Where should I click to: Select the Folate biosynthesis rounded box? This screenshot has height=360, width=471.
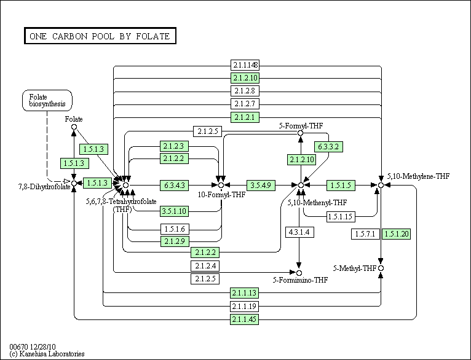(x=47, y=100)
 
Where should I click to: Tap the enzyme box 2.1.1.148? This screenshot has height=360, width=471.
(x=245, y=65)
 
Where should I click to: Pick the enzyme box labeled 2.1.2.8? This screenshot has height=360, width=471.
(x=245, y=91)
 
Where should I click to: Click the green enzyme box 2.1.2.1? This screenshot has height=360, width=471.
(x=245, y=117)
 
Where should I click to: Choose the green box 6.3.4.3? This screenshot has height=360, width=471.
(x=175, y=184)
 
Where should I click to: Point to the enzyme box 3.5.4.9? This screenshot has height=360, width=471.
(x=261, y=184)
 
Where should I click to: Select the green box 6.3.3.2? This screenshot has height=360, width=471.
(x=329, y=147)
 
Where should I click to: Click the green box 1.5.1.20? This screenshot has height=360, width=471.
(x=396, y=234)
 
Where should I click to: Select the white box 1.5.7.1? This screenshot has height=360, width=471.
(x=366, y=234)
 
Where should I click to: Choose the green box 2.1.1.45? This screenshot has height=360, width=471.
(x=245, y=319)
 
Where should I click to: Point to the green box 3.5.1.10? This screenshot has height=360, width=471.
(x=175, y=211)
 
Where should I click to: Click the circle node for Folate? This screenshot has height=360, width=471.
(x=74, y=127)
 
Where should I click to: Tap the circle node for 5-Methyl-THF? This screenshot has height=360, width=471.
(x=381, y=268)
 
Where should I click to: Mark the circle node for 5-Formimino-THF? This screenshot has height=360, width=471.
(x=299, y=273)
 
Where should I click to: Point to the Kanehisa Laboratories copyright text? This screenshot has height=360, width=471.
(x=47, y=354)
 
